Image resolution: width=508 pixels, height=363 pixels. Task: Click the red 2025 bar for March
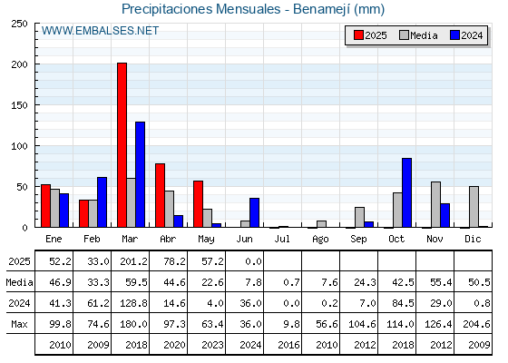pos(122,145)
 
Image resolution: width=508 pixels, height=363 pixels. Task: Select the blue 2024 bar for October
pos(407,192)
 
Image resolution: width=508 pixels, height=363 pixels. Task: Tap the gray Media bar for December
pos(474,207)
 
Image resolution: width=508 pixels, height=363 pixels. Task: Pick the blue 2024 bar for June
pos(254,212)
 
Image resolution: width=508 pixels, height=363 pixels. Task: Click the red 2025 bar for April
pos(160,195)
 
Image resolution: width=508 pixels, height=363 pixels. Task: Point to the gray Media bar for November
pos(435,204)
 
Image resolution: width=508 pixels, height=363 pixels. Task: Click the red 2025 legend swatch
pos(358,35)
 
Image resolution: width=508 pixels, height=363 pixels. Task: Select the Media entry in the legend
pos(418,35)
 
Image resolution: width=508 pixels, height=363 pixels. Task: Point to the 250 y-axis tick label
pos(19,24)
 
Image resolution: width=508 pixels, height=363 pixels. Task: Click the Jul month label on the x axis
pos(282,239)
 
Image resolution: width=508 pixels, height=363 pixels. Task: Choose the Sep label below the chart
pos(358,240)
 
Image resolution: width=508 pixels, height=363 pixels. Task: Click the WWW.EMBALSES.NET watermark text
pos(100,31)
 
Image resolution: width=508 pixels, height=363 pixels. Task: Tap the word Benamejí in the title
pos(322,9)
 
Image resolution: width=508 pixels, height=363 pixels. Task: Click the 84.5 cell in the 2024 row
pos(403,303)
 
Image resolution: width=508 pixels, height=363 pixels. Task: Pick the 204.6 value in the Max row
pos(476,324)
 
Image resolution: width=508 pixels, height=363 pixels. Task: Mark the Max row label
pos(19,324)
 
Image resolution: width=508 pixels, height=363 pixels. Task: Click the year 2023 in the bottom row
pos(212,345)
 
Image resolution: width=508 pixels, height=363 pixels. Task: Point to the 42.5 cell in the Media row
pos(403,282)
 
